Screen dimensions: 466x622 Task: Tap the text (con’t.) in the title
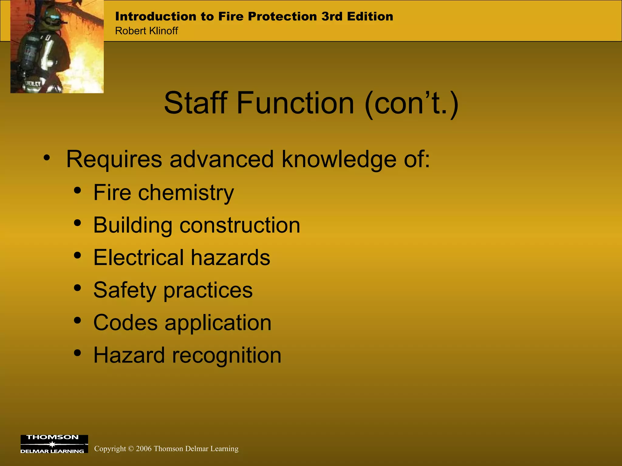point(412,104)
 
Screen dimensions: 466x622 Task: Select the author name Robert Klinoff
point(146,31)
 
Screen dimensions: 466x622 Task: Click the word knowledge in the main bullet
point(339,159)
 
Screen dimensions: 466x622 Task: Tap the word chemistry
point(186,193)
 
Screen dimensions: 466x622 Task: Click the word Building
point(133,225)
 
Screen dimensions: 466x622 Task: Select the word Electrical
point(138,258)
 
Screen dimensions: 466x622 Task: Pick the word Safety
point(125,290)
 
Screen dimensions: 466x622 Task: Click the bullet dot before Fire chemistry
point(78,191)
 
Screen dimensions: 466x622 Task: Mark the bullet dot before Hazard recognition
point(78,353)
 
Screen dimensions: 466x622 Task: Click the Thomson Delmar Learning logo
point(54,444)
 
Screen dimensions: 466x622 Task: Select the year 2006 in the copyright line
point(144,449)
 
